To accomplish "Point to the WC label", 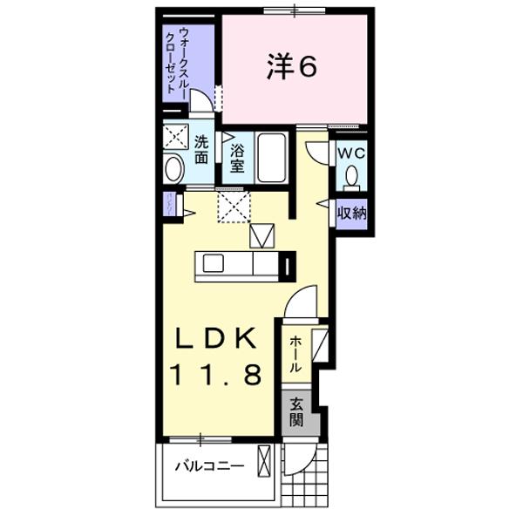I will [x=351, y=153].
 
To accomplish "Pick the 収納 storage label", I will [x=351, y=213].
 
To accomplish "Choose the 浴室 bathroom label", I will [x=235, y=158].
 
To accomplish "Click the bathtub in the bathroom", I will [x=273, y=159].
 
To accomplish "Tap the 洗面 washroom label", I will [x=201, y=149].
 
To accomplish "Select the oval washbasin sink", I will [x=174, y=168].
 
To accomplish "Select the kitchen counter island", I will [x=235, y=263].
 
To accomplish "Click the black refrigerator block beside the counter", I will [x=288, y=263].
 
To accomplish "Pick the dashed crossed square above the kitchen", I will [x=234, y=206].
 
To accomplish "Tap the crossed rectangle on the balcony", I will [x=264, y=459].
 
